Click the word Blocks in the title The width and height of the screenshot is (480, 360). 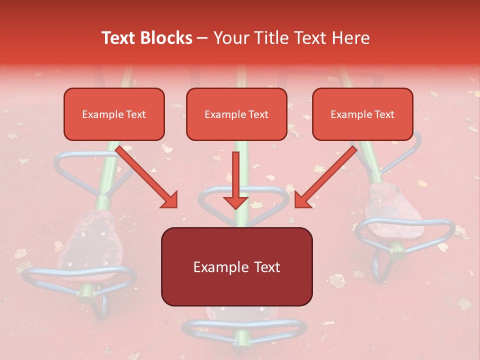pos(168,38)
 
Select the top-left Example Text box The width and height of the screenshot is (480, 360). pos(114,114)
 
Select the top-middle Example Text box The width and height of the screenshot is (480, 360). pos(236,114)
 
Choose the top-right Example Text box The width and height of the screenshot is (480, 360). pos(362,114)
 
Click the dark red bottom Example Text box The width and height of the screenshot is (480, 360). pos(236,267)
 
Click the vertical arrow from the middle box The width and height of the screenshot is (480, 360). pos(235,180)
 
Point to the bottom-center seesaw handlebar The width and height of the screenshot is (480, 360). pos(244,330)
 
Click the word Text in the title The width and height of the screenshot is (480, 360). pos(119,38)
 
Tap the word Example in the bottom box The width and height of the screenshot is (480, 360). pos(217,267)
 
